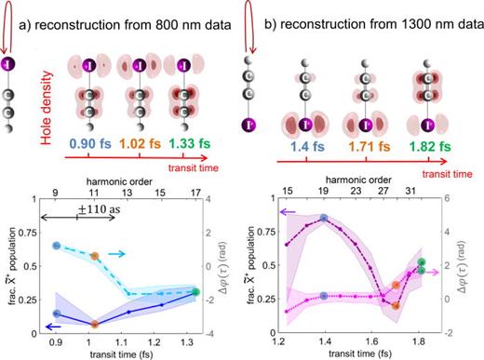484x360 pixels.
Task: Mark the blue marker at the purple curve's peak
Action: (323, 219)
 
